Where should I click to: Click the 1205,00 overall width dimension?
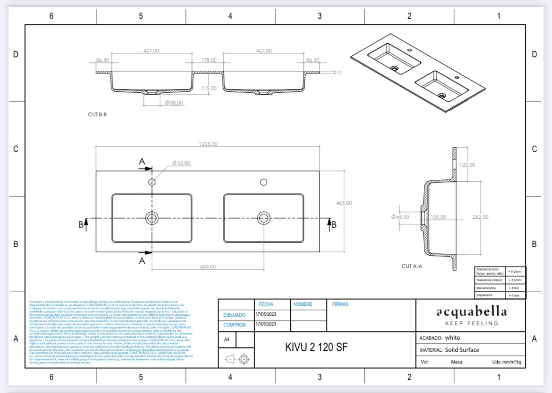(208, 144)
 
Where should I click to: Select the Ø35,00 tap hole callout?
(181, 163)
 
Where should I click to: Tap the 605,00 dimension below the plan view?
(208, 267)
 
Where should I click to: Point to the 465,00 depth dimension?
(344, 203)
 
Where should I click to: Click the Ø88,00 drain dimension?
(174, 102)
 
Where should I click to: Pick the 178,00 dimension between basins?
(208, 60)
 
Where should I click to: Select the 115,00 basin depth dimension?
(208, 88)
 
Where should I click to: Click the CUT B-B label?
(97, 114)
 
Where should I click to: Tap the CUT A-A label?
(412, 266)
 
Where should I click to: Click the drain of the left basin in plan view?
(152, 217)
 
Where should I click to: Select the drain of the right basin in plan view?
(264, 217)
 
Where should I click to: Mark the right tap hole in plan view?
(264, 182)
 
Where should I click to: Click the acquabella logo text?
(471, 312)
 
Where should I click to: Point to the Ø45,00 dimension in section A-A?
(400, 217)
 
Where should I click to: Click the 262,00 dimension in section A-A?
(480, 217)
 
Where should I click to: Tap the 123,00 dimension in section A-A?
(467, 165)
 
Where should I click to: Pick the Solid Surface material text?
(462, 349)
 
